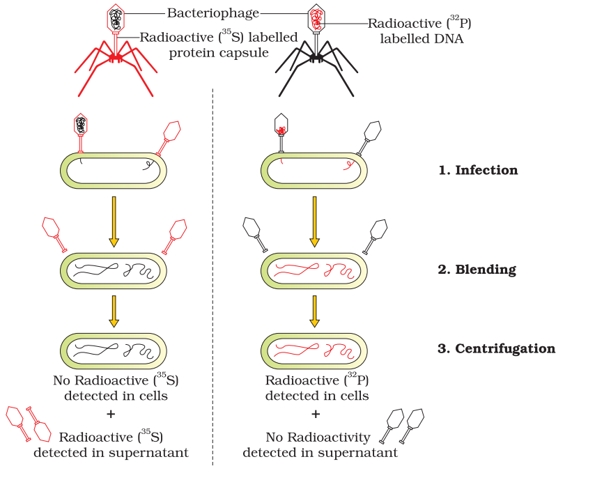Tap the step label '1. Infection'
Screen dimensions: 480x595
478,170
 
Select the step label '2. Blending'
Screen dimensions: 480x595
477,269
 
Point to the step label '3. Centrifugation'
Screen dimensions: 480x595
497,348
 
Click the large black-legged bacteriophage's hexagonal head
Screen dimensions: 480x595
317,17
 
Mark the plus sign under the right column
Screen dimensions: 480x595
316,414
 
